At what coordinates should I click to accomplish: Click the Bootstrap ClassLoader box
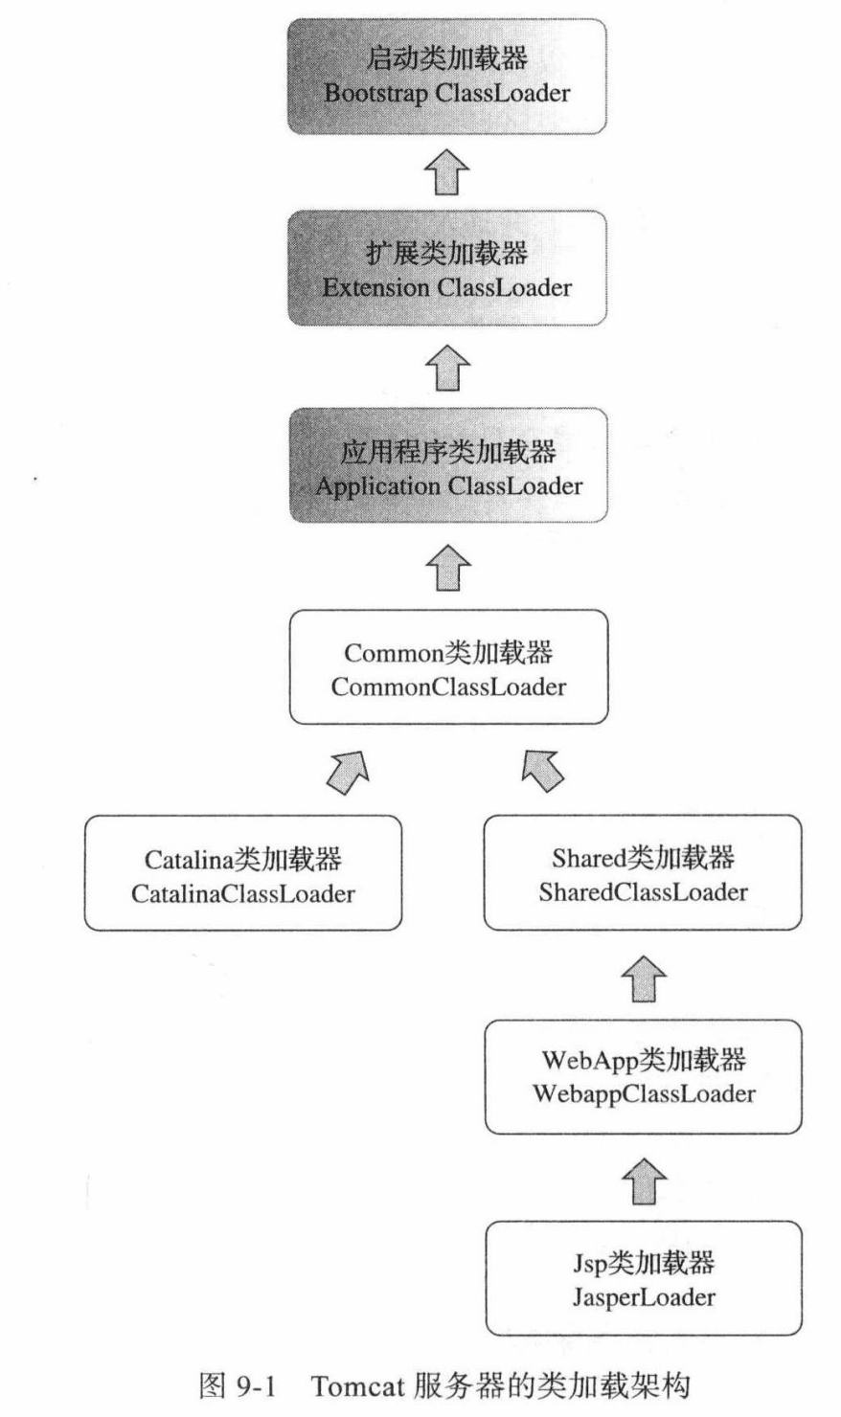(x=447, y=77)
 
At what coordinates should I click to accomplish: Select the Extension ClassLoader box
(x=447, y=269)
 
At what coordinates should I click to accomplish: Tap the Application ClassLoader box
(x=447, y=466)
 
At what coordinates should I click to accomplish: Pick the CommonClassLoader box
(x=447, y=667)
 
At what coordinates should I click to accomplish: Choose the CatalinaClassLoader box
(x=242, y=872)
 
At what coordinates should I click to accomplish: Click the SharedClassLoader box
(x=642, y=872)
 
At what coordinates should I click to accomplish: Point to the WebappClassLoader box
(x=642, y=1076)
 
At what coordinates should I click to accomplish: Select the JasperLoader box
(x=642, y=1278)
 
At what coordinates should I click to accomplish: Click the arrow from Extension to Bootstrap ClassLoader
(x=447, y=173)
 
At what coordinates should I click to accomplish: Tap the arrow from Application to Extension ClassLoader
(x=447, y=368)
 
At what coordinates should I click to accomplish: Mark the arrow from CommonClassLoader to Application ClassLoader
(x=447, y=567)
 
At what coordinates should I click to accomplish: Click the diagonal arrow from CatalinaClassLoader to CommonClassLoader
(x=348, y=771)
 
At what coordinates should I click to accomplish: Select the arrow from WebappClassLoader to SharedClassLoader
(x=643, y=978)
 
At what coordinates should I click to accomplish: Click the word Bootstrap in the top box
(x=375, y=94)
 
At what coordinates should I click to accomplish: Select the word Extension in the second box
(x=375, y=287)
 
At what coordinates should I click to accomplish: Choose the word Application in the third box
(x=377, y=486)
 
